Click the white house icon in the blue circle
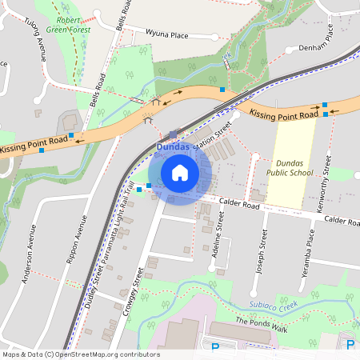pos(180,172)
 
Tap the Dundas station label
pos(174,147)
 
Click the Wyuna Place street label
pos(166,34)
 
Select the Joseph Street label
pos(260,253)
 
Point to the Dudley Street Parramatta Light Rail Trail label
pos(106,240)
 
